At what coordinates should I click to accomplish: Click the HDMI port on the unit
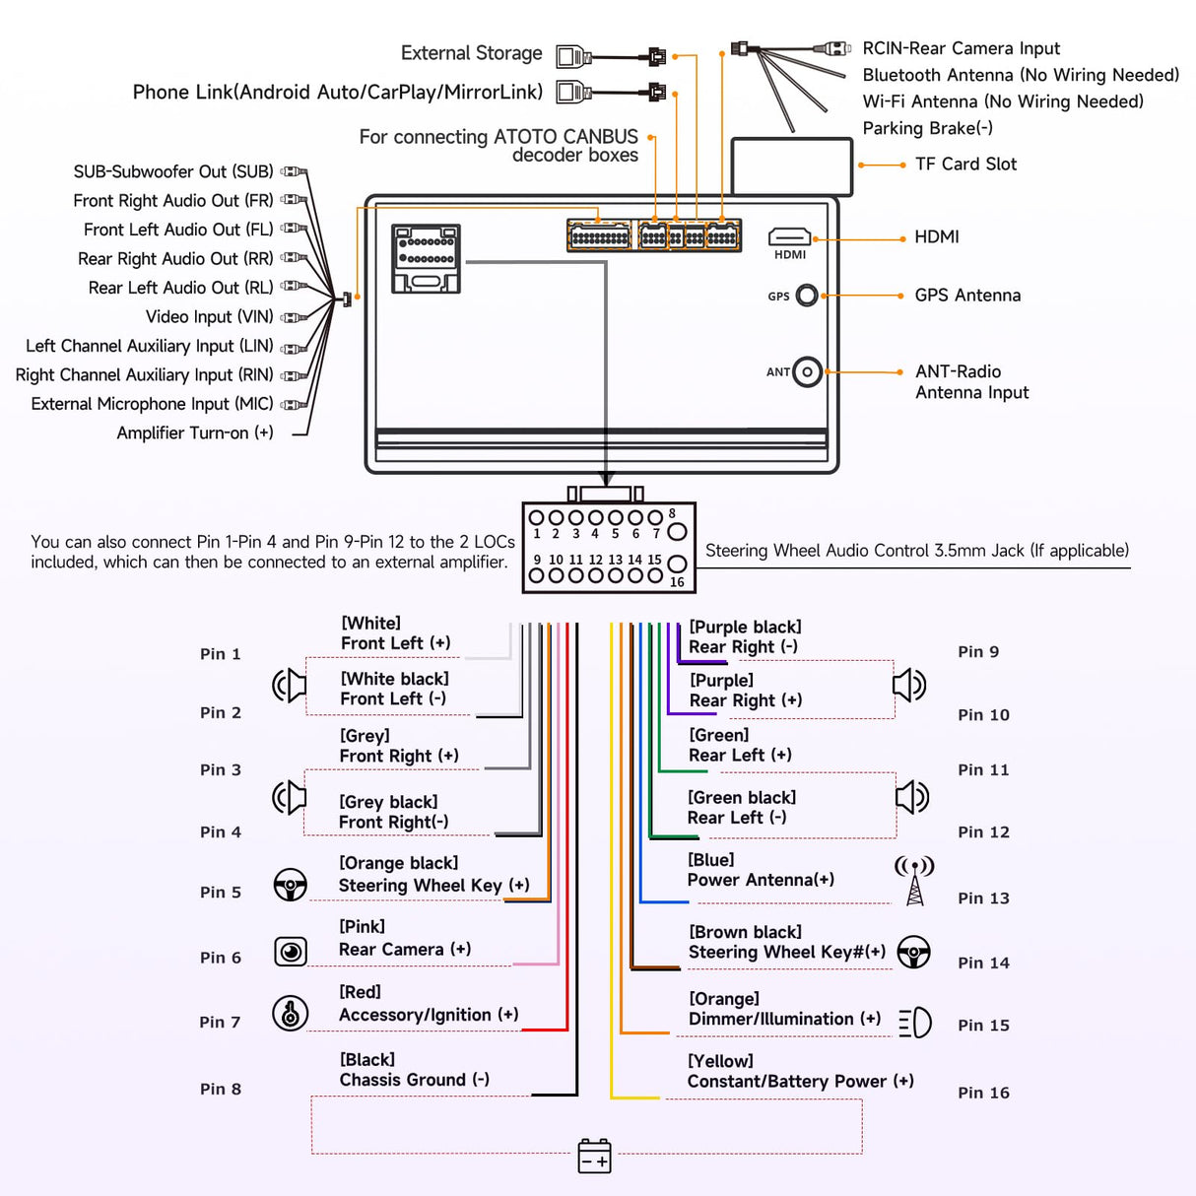point(789,236)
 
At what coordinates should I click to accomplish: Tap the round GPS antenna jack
point(807,295)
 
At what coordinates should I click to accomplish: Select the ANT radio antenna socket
point(807,371)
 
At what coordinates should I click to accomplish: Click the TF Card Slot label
point(965,165)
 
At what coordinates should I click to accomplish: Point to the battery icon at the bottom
point(594,1156)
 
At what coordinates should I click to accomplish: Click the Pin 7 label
point(220,1023)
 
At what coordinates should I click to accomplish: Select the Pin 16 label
point(983,1093)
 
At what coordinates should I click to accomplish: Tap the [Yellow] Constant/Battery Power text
point(800,1072)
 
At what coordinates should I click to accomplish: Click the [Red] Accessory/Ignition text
point(429,1004)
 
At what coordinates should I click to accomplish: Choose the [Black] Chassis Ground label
point(415,1070)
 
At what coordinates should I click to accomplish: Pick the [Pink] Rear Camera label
point(405,938)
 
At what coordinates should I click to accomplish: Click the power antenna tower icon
point(914,880)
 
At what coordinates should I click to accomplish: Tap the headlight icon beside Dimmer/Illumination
point(915,1022)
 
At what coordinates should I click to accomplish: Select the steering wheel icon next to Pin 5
point(290,885)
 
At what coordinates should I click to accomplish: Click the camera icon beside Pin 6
point(291,951)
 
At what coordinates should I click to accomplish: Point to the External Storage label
point(471,53)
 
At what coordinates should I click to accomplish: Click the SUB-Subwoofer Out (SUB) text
point(173,171)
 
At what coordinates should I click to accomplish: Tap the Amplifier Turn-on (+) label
point(195,432)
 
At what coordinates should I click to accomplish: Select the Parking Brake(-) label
point(927,128)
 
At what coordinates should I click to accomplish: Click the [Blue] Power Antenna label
point(761,870)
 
